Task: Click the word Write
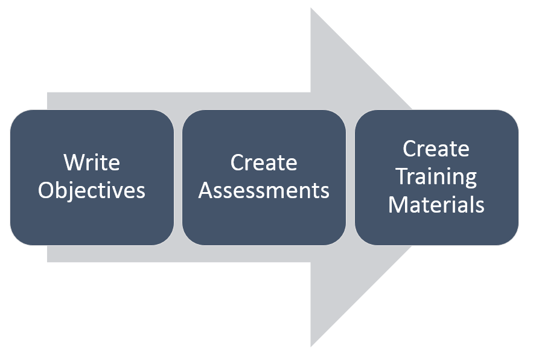92,162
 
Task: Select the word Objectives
92,191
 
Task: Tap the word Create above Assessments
264,162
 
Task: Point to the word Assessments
264,190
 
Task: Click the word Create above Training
436,149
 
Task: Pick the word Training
436,177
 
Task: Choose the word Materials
436,205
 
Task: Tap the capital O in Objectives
46,190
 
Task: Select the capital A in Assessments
206,190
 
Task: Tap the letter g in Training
470,179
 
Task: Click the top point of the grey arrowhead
311,8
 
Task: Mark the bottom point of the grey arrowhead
311,347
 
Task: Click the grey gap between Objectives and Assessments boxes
178,178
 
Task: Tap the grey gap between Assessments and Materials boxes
350,178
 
